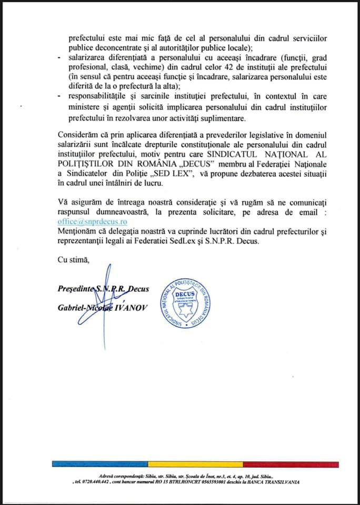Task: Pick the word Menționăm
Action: [77, 232]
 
